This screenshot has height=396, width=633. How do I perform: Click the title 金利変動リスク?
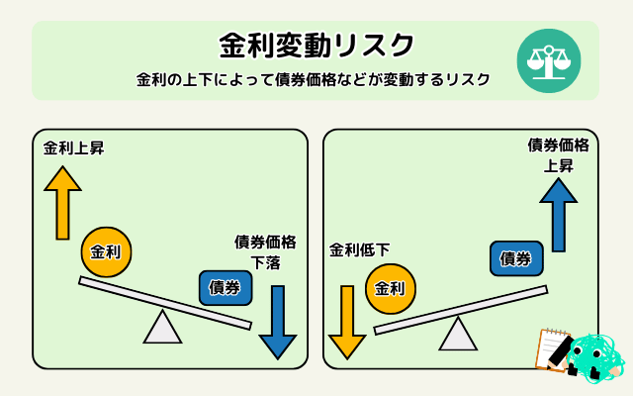(316, 46)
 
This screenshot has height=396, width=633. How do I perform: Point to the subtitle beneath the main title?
(314, 80)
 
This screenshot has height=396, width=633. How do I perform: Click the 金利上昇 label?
(72, 149)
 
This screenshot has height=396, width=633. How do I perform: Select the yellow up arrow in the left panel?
(62, 202)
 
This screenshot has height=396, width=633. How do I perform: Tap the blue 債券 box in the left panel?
(226, 287)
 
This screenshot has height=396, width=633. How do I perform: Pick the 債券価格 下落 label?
(265, 251)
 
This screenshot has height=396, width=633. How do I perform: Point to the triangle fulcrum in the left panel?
(162, 328)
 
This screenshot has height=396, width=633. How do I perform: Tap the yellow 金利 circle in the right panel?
(391, 289)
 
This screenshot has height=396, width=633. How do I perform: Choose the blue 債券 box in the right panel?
(516, 258)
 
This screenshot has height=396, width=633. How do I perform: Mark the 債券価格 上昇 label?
(558, 155)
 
